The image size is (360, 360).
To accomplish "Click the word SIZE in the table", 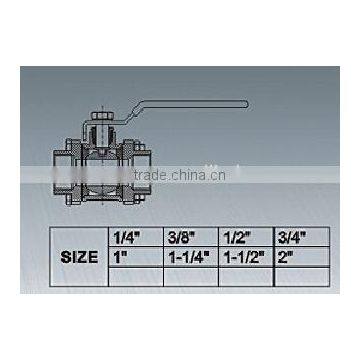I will (x=78, y=257).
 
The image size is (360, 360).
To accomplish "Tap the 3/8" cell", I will (x=188, y=238).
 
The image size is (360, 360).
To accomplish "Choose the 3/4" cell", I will (x=300, y=238).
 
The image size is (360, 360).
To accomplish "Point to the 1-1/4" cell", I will (x=188, y=256).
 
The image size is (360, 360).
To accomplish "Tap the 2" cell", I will (x=300, y=256).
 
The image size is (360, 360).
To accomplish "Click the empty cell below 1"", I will (x=132, y=275).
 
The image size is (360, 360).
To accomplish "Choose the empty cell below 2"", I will (x=300, y=275).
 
